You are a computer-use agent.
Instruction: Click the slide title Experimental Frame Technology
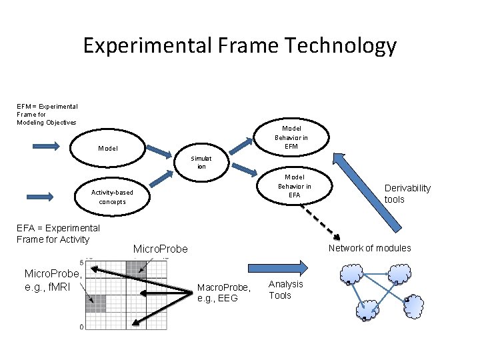(x=239, y=46)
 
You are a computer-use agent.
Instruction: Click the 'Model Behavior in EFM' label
(x=291, y=137)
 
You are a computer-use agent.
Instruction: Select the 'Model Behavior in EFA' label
(x=294, y=186)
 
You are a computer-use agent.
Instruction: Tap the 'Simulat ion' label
(x=201, y=162)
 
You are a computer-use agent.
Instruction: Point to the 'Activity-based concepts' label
(x=112, y=197)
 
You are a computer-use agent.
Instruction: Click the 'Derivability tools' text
(x=407, y=193)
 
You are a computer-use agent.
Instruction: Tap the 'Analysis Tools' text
(x=285, y=289)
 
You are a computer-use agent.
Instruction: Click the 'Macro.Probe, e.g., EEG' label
(x=224, y=293)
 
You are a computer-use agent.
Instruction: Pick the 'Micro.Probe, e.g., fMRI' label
(x=53, y=280)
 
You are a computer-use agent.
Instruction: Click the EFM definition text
(x=47, y=114)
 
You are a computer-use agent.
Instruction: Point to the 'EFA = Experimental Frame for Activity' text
(x=57, y=233)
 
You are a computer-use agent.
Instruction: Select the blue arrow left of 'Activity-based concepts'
(x=41, y=196)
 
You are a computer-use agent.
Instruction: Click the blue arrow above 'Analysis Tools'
(x=286, y=266)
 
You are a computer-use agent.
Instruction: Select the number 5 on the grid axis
(x=81, y=262)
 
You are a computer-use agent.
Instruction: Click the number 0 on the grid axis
(x=81, y=327)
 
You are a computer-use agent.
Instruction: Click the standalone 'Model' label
(x=107, y=148)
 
